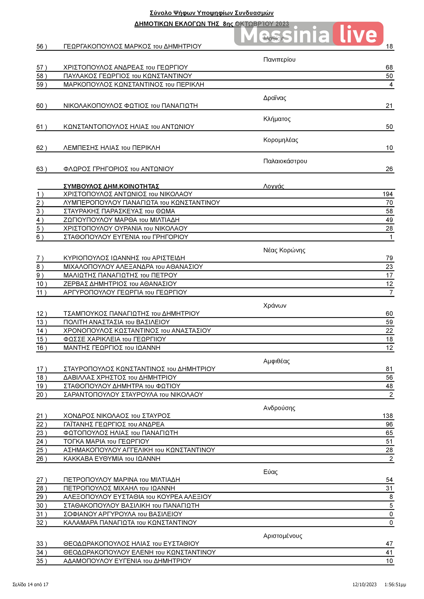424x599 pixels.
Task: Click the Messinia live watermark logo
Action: [x=309, y=34]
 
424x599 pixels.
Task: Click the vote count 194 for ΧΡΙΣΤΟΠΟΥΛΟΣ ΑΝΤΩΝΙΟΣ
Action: [x=387, y=194]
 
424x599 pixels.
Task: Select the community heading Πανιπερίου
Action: [x=279, y=60]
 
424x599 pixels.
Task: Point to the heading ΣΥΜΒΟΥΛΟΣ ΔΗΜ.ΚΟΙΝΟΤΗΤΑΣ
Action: [x=111, y=186]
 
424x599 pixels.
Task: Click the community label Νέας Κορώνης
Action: [x=284, y=250]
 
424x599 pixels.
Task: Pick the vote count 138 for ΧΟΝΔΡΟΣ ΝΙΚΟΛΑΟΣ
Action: [x=387, y=416]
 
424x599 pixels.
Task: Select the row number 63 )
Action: [x=42, y=169]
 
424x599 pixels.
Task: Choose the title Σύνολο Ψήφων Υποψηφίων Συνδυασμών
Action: [x=211, y=13]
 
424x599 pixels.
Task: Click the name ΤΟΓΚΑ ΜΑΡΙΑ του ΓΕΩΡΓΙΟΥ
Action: [x=106, y=441]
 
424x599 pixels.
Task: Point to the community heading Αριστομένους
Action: [x=283, y=536]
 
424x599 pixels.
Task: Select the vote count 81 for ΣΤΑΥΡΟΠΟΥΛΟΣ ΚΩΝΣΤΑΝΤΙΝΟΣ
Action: [x=389, y=369]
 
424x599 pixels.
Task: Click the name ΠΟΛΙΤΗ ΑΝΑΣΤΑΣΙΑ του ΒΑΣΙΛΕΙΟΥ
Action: [x=116, y=322]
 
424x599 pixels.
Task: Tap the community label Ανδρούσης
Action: [x=279, y=408]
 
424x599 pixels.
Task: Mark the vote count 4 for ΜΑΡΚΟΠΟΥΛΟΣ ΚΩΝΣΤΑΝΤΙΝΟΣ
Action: [x=391, y=84]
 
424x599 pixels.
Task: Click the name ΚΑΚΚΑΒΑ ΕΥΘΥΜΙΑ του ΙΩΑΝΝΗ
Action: [x=112, y=459]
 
